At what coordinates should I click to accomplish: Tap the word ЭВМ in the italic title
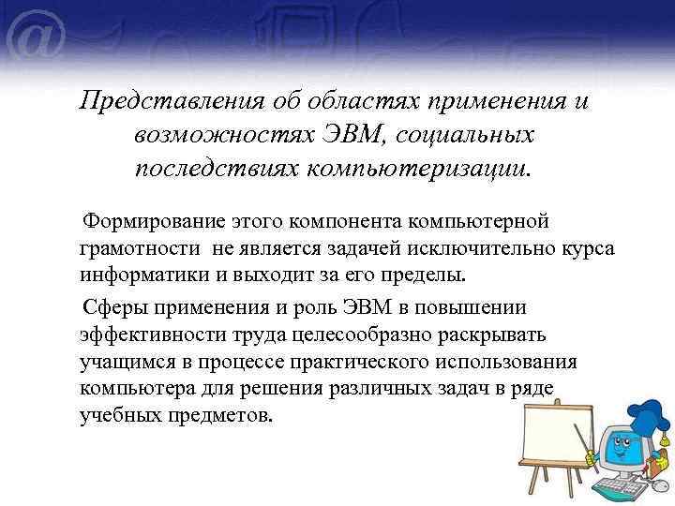[346, 135]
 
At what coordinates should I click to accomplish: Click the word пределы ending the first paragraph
[429, 276]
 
